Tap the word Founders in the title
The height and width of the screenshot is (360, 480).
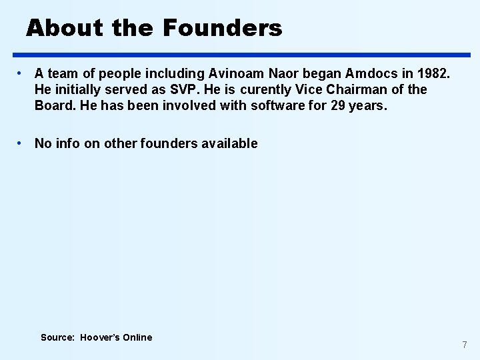222,28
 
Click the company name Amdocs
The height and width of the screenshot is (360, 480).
369,73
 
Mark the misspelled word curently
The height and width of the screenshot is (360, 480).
266,89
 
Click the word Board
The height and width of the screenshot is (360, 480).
53,105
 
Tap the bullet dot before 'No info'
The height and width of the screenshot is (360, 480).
22,143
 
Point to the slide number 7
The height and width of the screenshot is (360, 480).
465,345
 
